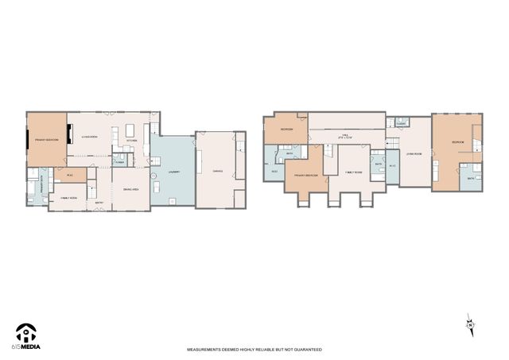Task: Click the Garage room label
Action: (217, 172)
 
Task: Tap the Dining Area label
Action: (131, 189)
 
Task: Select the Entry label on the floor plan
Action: (99, 203)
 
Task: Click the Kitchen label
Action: (132, 141)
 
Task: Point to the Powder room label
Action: (119, 162)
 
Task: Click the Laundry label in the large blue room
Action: (173, 172)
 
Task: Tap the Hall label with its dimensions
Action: (345, 137)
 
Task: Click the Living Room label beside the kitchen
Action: (88, 137)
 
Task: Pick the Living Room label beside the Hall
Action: (414, 153)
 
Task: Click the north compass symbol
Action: (470, 323)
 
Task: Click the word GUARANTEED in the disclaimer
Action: (307, 350)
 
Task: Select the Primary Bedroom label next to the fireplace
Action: (46, 139)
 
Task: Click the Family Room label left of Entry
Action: (68, 197)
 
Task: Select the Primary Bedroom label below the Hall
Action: (306, 175)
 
